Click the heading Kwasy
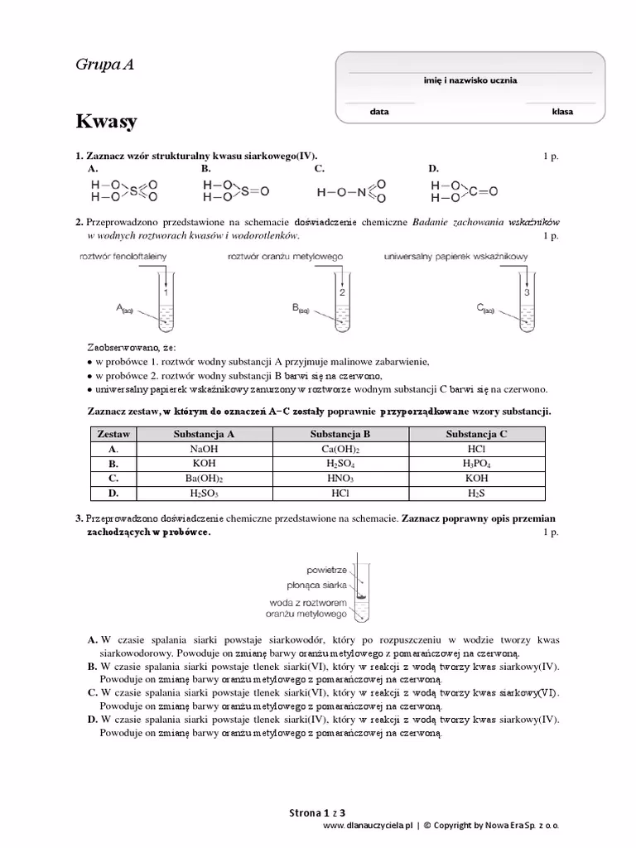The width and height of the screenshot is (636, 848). (x=106, y=122)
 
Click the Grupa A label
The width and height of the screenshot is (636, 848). (x=104, y=65)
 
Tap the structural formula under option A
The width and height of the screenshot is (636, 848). (x=123, y=190)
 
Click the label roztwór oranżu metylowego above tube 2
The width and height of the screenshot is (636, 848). (x=286, y=257)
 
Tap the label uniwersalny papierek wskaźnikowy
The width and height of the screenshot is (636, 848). (x=455, y=257)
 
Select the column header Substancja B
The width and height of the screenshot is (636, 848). (x=340, y=433)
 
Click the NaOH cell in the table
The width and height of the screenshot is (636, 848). (x=203, y=448)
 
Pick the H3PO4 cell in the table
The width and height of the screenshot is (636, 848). (x=476, y=464)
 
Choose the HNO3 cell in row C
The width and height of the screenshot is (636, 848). (x=340, y=479)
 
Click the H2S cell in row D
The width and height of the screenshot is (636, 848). (x=476, y=494)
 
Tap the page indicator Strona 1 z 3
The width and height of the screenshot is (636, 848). (x=317, y=812)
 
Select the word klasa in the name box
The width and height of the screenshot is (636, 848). (x=562, y=111)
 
